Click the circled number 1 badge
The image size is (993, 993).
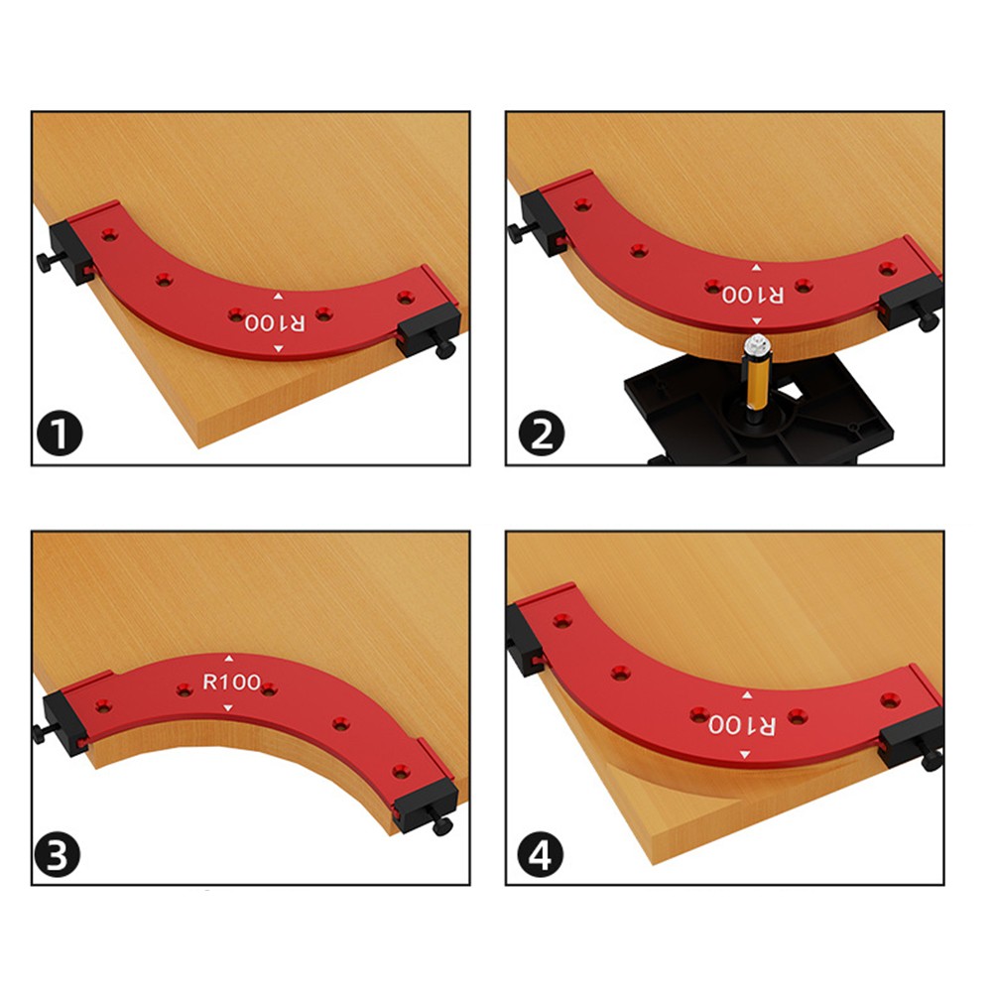coord(60,434)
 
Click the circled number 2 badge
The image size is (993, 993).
coord(541,434)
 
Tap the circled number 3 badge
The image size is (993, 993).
coord(57,854)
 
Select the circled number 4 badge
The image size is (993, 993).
coord(541,854)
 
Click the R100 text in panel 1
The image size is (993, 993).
coord(275,322)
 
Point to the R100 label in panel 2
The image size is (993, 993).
coord(753,295)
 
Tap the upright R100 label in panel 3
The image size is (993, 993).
coord(231,683)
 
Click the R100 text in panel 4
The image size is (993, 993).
coord(742,724)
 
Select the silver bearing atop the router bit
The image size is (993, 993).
coord(758,346)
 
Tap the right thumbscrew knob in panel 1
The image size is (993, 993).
coord(445,349)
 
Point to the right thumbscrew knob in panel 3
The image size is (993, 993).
coord(442,825)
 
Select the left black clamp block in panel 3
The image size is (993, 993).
coord(64,722)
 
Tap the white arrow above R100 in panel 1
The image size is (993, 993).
coord(278,297)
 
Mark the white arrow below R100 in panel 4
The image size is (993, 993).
coord(745,754)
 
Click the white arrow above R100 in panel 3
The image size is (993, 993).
coord(228,659)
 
